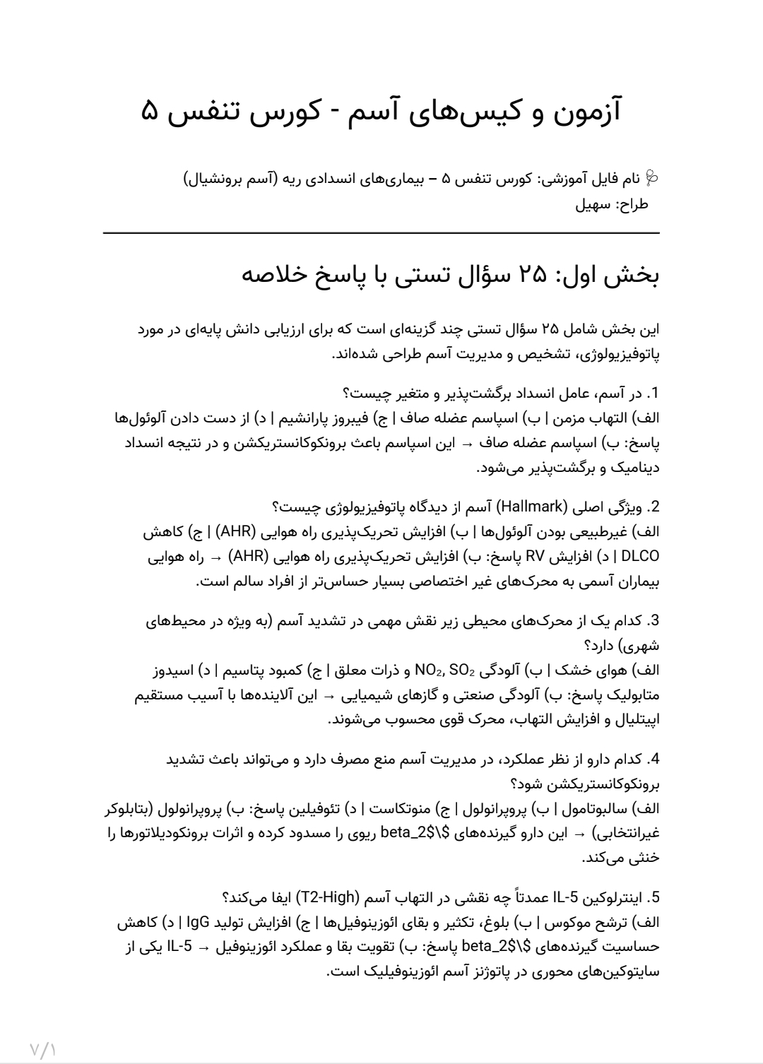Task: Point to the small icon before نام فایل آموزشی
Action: point(652,179)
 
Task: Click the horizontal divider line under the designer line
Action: point(381,232)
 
